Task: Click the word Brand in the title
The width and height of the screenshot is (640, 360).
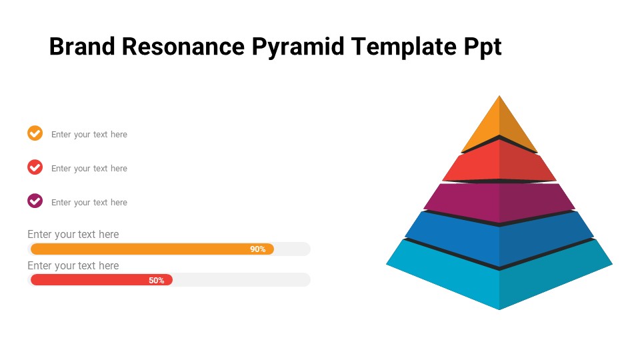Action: click(x=82, y=46)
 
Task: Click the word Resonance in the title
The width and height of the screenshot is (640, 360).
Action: click(x=183, y=46)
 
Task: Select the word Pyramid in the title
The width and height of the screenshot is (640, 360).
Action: click(x=297, y=47)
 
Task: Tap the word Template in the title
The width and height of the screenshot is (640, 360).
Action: click(x=404, y=47)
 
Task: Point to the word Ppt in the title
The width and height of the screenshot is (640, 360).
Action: click(x=483, y=47)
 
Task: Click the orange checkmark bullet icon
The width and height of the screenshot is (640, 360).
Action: click(x=35, y=133)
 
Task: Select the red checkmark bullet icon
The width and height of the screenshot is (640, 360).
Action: click(x=35, y=167)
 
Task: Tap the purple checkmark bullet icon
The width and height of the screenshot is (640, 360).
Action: click(x=35, y=201)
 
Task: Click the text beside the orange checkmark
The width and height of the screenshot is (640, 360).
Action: click(x=89, y=135)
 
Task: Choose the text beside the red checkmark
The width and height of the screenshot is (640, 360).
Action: click(x=89, y=169)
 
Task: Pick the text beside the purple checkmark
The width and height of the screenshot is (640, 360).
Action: click(x=89, y=203)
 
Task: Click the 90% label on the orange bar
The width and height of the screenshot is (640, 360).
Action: click(x=257, y=249)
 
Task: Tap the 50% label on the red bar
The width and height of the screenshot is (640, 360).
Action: click(x=156, y=281)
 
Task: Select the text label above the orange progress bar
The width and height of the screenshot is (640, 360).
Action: click(x=73, y=235)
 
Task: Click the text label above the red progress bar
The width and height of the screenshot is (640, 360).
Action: click(x=73, y=266)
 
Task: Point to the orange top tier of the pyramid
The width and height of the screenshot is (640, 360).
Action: click(x=499, y=127)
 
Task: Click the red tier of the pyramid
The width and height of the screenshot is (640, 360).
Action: click(x=499, y=161)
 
